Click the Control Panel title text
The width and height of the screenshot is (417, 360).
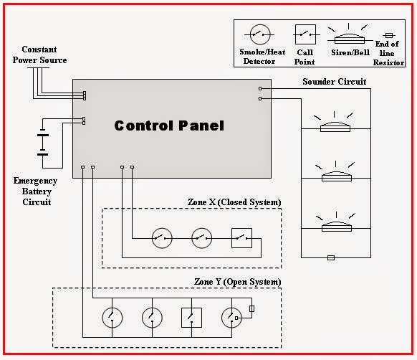point(169,125)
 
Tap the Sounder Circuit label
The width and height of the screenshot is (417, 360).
point(334,82)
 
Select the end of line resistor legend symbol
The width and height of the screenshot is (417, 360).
point(389,35)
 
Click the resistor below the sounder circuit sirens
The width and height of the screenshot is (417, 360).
point(330,257)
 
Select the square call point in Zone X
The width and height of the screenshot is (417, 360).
point(242,237)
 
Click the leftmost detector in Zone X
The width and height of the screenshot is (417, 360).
point(161,237)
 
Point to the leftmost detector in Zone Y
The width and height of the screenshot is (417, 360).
point(112,316)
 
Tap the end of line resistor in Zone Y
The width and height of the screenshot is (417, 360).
point(251,310)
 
